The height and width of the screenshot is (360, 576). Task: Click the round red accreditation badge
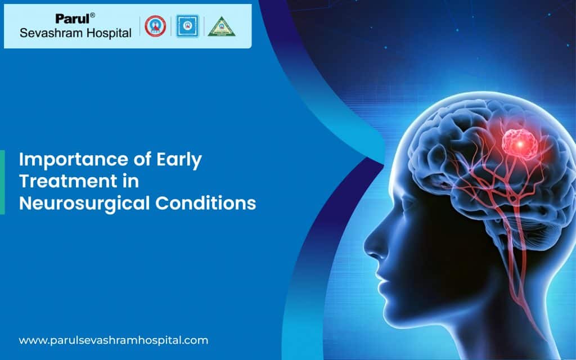pos(155,26)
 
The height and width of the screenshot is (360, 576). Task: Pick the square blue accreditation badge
pos(187,26)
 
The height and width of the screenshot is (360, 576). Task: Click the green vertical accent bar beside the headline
pos(2,182)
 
